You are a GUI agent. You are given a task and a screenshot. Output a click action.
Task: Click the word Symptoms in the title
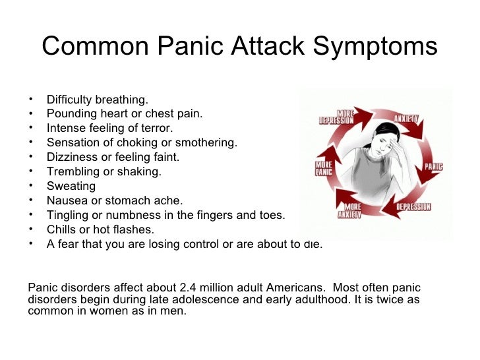(x=375, y=47)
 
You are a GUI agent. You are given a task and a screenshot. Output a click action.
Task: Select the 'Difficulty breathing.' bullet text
(x=97, y=100)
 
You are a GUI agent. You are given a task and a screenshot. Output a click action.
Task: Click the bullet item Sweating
(x=71, y=186)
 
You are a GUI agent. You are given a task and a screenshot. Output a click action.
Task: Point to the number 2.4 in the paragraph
(x=189, y=288)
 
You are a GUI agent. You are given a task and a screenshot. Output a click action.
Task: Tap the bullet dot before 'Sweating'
(x=32, y=186)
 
